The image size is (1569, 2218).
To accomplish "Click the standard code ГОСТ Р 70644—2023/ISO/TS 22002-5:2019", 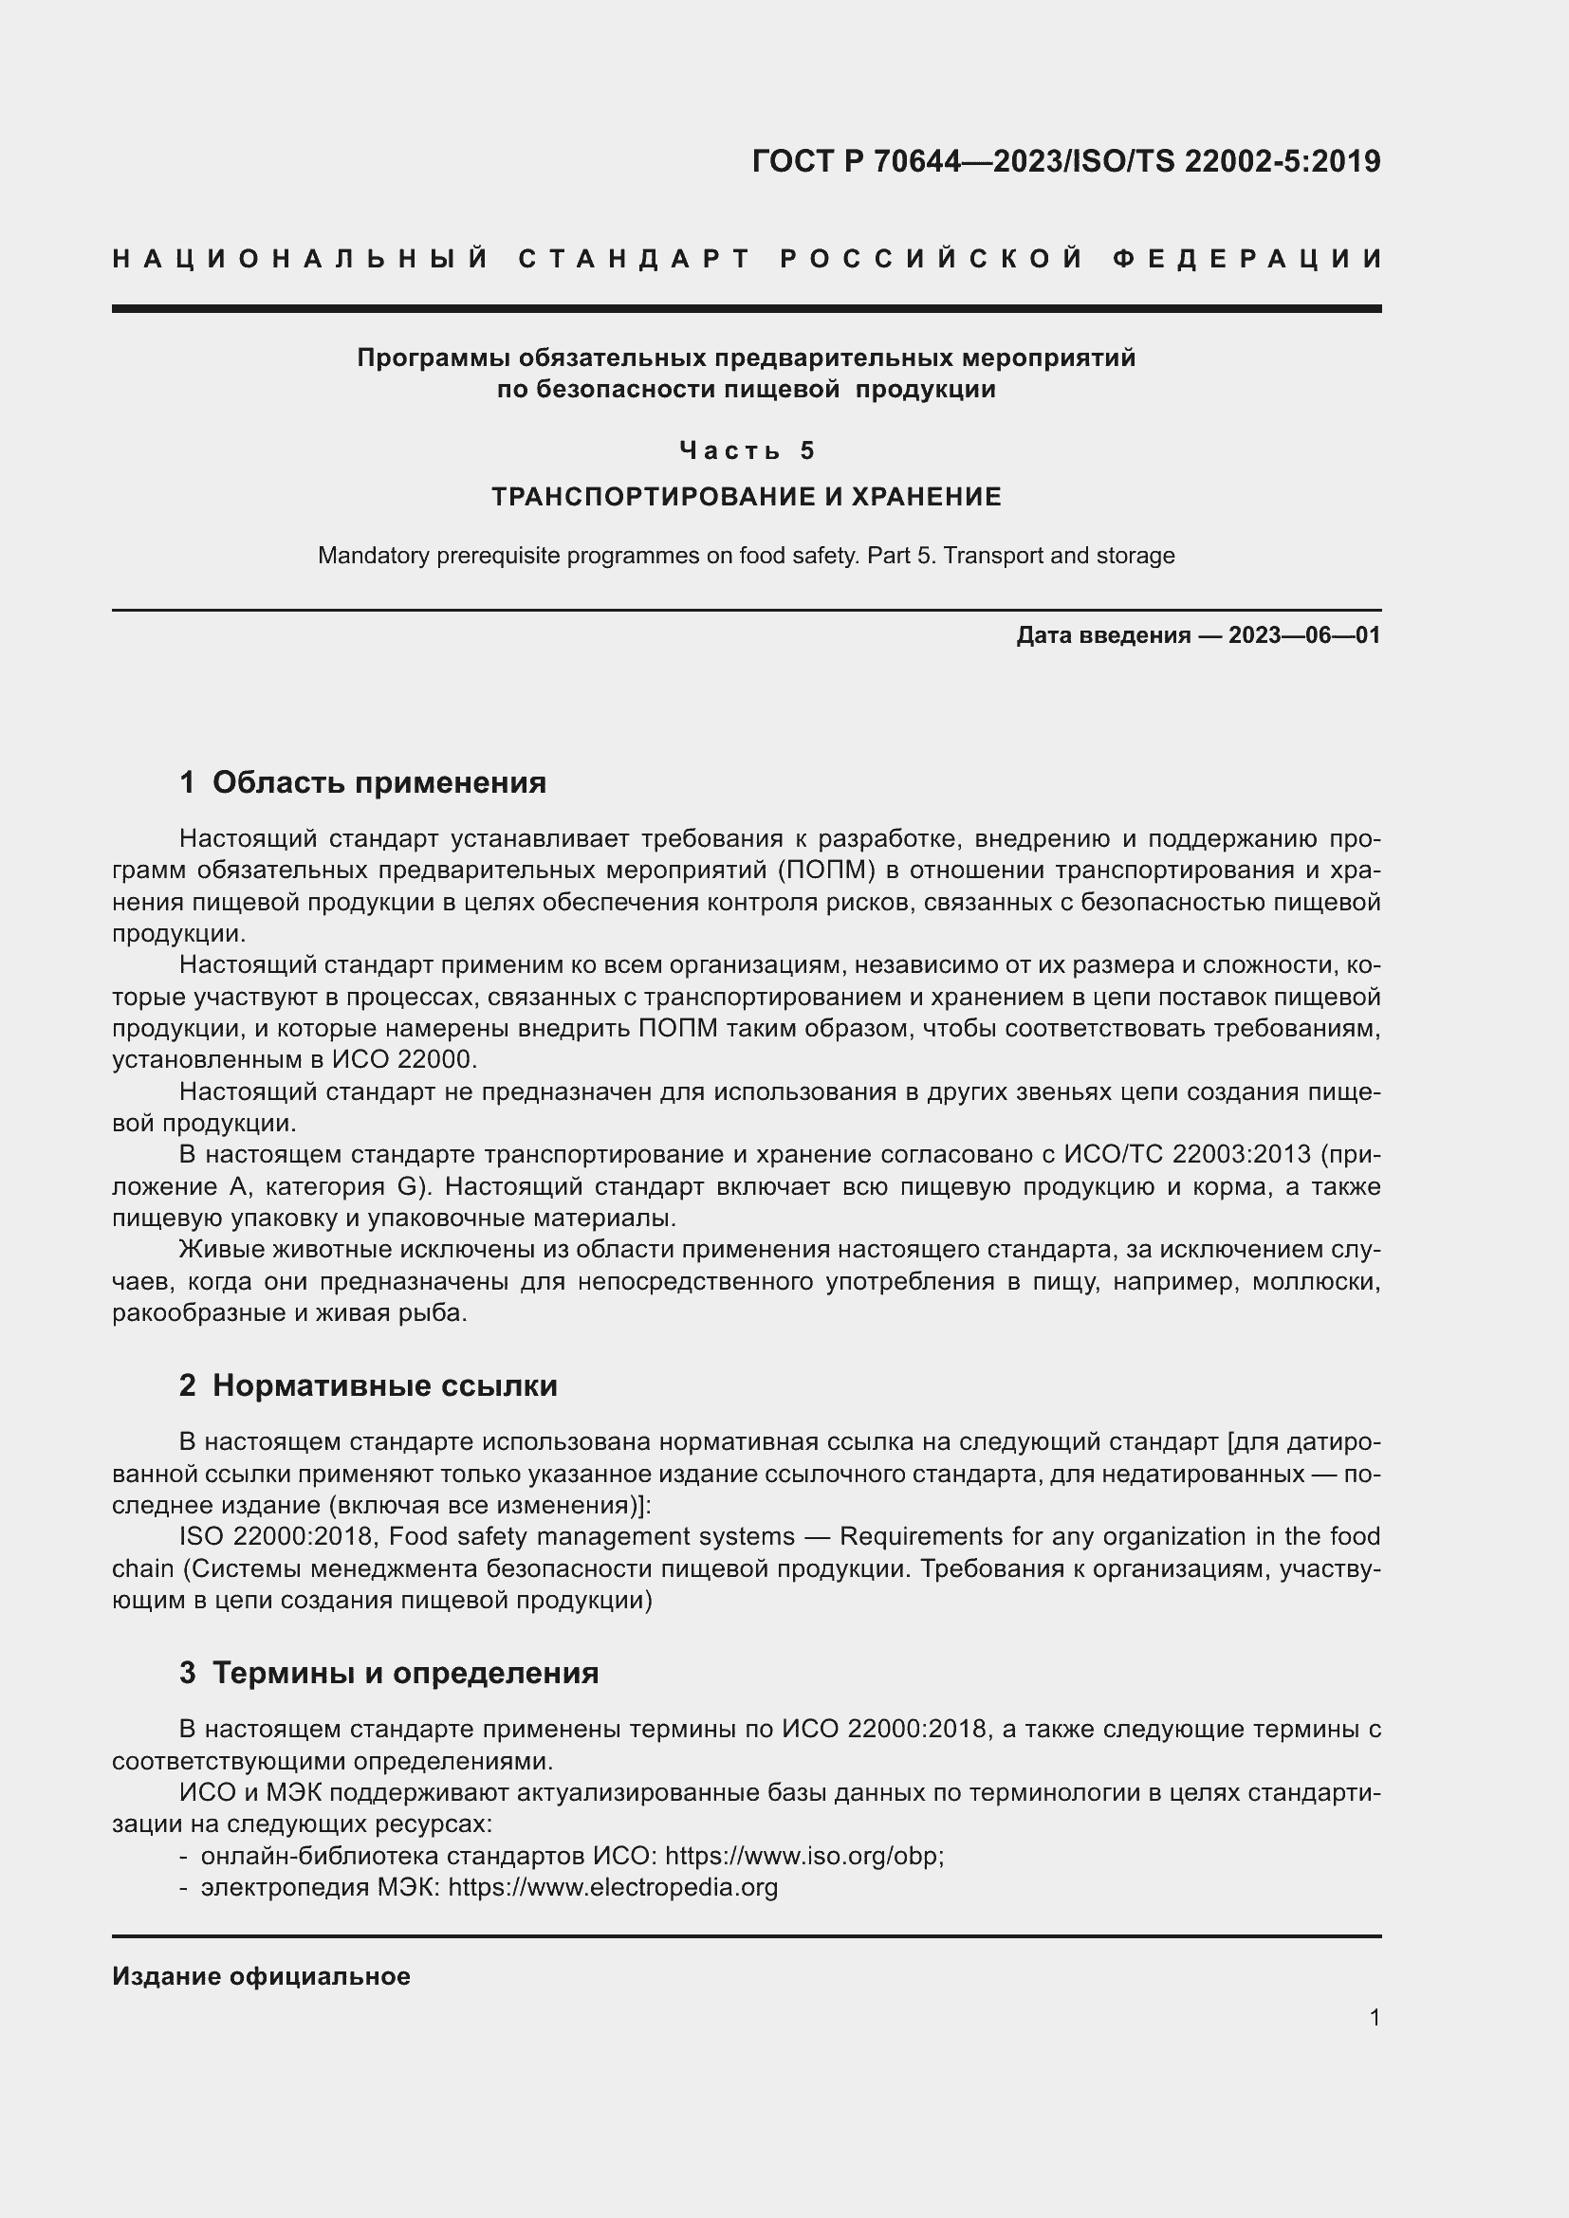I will pyautogui.click(x=1065, y=161).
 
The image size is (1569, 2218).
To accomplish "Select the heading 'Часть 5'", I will pyautogui.click(x=747, y=450).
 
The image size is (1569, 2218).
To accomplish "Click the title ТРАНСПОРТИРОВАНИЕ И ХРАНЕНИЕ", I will pyautogui.click(x=746, y=497).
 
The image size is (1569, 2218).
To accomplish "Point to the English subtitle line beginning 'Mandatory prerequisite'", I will pyautogui.click(x=746, y=556).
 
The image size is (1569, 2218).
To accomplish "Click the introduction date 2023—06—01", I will pyautogui.click(x=1304, y=635).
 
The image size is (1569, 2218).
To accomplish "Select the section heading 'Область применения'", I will pyautogui.click(x=378, y=782).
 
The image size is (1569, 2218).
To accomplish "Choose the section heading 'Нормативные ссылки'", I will pyautogui.click(x=384, y=1386).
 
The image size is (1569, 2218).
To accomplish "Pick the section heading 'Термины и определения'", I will pyautogui.click(x=405, y=1673).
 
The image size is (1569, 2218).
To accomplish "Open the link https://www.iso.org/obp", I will pyautogui.click(x=801, y=1856).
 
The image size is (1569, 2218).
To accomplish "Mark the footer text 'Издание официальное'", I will pyautogui.click(x=261, y=1976).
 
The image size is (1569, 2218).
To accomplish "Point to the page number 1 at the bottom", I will pyautogui.click(x=1374, y=2018).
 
